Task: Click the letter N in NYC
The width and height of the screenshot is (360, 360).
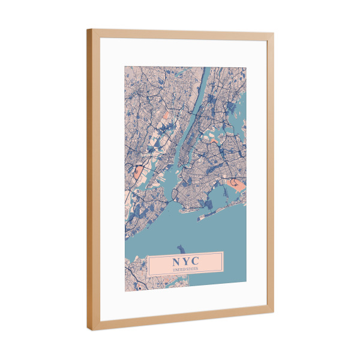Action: [176, 262]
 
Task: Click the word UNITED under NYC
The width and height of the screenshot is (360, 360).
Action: [179, 270]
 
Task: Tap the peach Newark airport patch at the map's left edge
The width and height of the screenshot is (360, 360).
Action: [138, 175]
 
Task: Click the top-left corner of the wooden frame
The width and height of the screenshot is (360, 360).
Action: [88, 30]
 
